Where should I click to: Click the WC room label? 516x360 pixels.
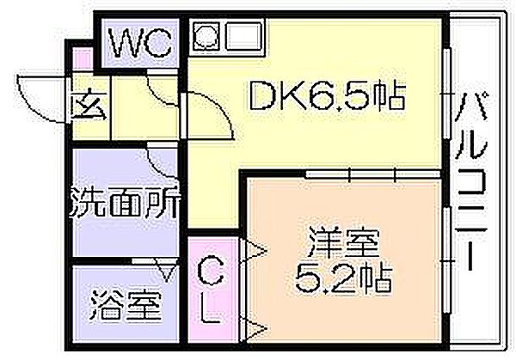tap(140, 43)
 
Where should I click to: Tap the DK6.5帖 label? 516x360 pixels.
tap(328, 95)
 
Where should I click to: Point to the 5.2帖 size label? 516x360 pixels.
tap(343, 279)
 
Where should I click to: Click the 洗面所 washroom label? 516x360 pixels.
tap(125, 203)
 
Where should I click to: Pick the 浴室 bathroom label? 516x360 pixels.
tap(126, 305)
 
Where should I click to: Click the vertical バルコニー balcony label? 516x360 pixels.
tap(471, 182)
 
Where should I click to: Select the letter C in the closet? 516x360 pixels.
tap(211, 271)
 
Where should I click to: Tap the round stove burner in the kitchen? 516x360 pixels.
tap(206, 35)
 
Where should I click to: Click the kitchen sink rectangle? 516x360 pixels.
tap(244, 35)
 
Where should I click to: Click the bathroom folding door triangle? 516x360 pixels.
tap(167, 270)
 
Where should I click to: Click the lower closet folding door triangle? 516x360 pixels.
tap(254, 328)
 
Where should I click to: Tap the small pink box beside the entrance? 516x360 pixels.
tap(82, 60)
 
